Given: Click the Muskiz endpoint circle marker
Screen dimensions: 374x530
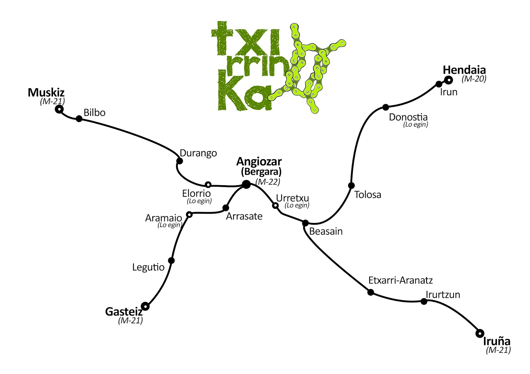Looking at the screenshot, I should click(x=59, y=109).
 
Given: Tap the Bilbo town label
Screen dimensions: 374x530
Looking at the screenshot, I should click(x=94, y=113).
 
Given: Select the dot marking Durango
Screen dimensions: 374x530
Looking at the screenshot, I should click(x=180, y=161).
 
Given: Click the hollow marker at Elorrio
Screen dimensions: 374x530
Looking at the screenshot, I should click(x=208, y=185).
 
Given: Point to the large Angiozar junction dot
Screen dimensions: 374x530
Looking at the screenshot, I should click(x=246, y=184).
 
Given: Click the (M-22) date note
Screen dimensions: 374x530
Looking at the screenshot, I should click(x=268, y=182).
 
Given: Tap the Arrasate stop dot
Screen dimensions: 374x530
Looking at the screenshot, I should click(x=226, y=208).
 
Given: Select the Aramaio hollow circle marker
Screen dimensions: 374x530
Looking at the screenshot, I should click(x=189, y=214).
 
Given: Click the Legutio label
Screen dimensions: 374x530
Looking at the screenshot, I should click(x=148, y=267).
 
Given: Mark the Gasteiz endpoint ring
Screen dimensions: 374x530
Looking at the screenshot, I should click(x=145, y=306).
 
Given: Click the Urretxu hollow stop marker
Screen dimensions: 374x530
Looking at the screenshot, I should click(x=275, y=206).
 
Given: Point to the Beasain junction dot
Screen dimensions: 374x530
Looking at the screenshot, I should click(x=305, y=223).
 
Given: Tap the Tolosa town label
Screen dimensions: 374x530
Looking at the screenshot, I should click(x=368, y=195).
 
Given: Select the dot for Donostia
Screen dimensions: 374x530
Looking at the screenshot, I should click(x=386, y=107).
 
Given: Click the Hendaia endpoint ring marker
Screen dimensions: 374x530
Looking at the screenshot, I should click(x=449, y=80).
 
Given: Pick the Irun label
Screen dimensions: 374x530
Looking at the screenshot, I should click(x=449, y=92).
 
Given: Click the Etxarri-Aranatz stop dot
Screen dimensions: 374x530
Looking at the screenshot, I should click(x=371, y=292).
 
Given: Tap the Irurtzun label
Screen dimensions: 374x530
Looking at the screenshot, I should click(x=443, y=295).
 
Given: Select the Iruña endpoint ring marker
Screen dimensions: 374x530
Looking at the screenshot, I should click(x=479, y=334).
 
